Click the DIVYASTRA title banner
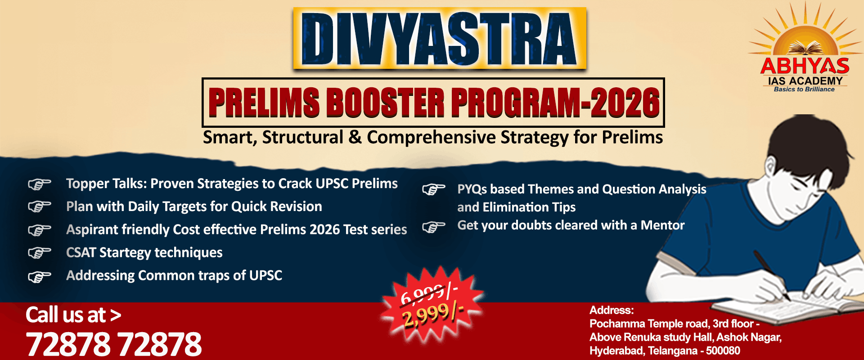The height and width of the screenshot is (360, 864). tap(440, 38)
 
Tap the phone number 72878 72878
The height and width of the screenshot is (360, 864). tap(114, 344)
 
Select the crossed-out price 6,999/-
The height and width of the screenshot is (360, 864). tap(429, 293)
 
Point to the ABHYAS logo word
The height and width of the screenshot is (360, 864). tap(805, 67)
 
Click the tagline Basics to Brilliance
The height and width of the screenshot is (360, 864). tap(804, 90)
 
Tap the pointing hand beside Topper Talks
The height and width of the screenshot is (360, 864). tap(40, 184)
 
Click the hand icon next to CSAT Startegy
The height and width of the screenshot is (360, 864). tap(40, 252)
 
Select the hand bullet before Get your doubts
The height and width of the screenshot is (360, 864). tap(434, 226)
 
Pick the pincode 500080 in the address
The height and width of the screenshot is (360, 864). tap(723, 351)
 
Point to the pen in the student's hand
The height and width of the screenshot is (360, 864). tap(771, 274)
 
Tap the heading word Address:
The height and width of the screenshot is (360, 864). tap(612, 310)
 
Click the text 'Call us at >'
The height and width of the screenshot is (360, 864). tap(73, 315)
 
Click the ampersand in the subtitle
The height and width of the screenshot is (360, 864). tap(355, 137)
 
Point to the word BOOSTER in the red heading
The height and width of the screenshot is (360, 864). tap(385, 103)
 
